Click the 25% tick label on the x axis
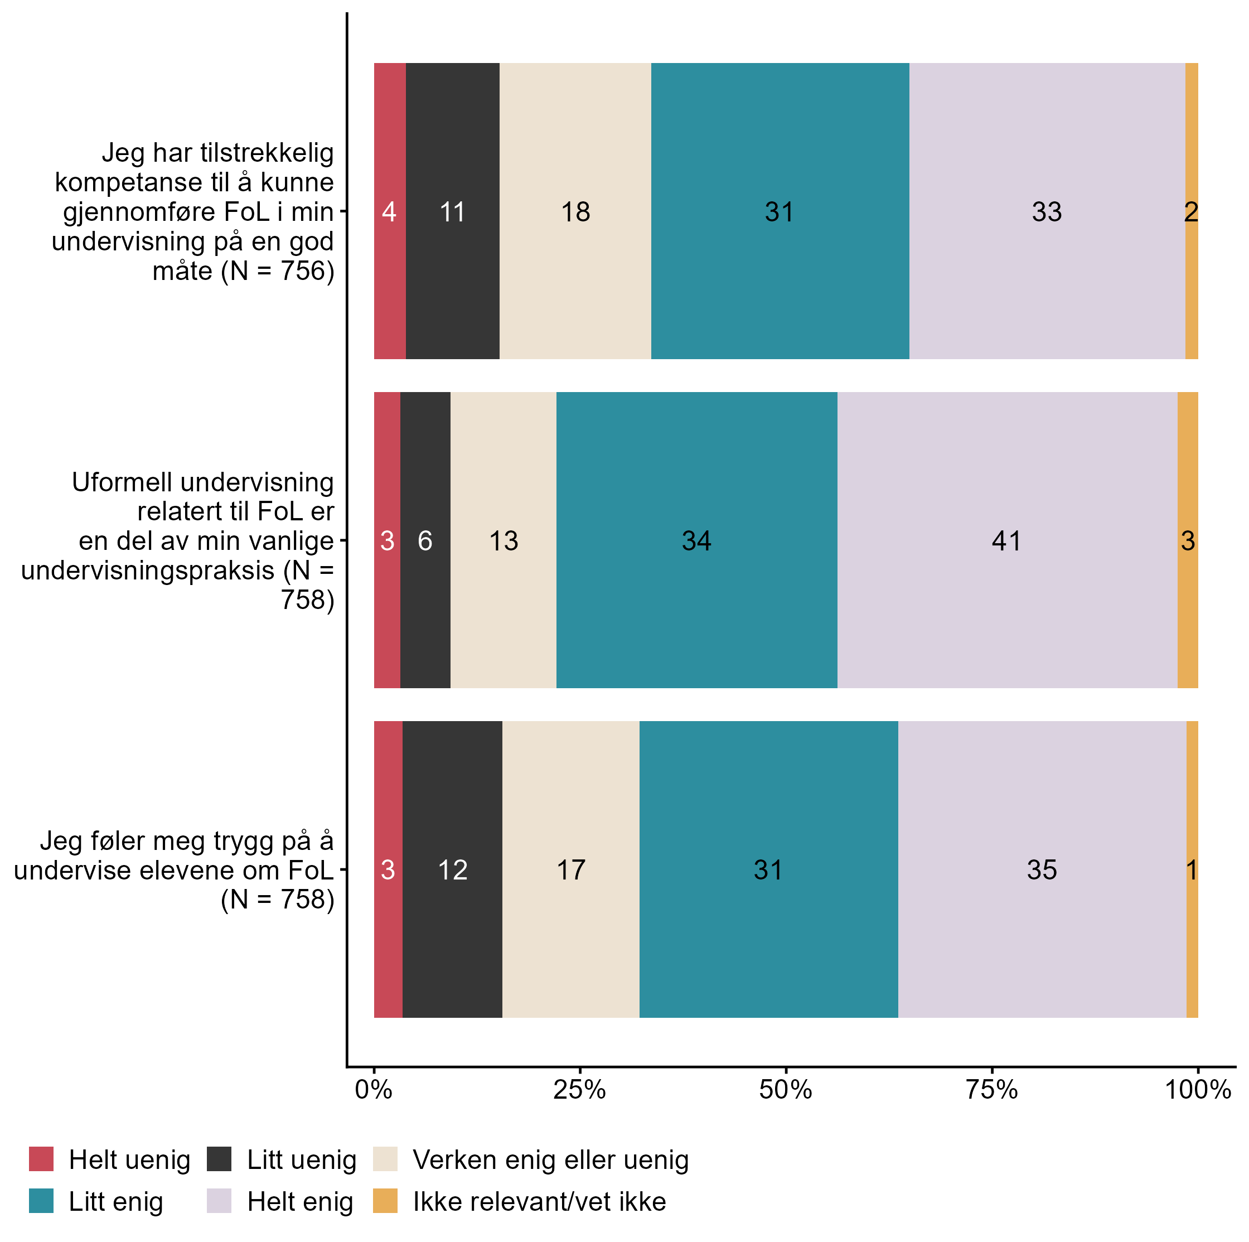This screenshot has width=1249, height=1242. (x=579, y=1090)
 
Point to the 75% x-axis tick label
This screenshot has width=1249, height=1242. (x=992, y=1090)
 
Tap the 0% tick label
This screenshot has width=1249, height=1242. (x=374, y=1090)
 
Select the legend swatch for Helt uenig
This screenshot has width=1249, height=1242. (x=41, y=1159)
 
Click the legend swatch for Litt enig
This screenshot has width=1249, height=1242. (x=41, y=1201)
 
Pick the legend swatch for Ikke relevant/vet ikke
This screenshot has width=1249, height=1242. (x=385, y=1201)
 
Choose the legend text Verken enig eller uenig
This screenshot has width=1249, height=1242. (x=551, y=1160)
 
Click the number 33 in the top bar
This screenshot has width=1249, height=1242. (x=1047, y=212)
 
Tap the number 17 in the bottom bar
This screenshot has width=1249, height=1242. (x=571, y=870)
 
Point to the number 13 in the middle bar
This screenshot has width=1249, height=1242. (x=503, y=541)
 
